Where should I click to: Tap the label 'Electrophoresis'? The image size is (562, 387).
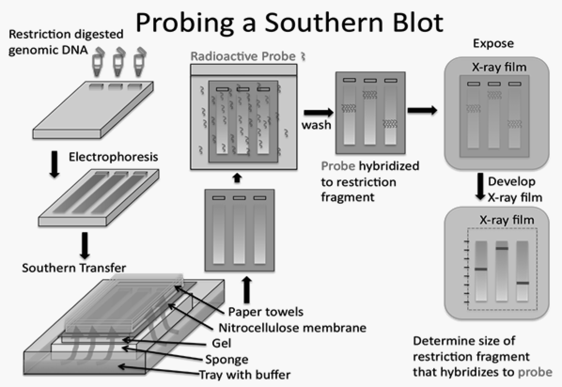pyautogui.click(x=113, y=156)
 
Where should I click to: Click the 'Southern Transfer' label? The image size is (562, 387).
pyautogui.click(x=74, y=268)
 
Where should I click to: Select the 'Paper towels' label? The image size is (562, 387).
pyautogui.click(x=265, y=311)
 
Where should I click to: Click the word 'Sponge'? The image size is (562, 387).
pyautogui.click(x=226, y=360)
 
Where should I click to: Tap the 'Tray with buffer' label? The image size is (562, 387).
pyautogui.click(x=245, y=375)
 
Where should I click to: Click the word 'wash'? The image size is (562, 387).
pyautogui.click(x=316, y=125)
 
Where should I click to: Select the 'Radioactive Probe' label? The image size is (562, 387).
pyautogui.click(x=243, y=57)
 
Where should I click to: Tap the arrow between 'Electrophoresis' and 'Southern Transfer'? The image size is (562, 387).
pyautogui.click(x=85, y=244)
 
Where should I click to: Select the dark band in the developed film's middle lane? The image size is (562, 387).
pyautogui.click(x=502, y=248)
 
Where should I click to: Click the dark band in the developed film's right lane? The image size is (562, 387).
pyautogui.click(x=523, y=283)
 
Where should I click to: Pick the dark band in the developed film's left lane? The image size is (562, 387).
pyautogui.click(x=481, y=269)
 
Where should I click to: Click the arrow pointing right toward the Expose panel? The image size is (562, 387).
pyautogui.click(x=422, y=110)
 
